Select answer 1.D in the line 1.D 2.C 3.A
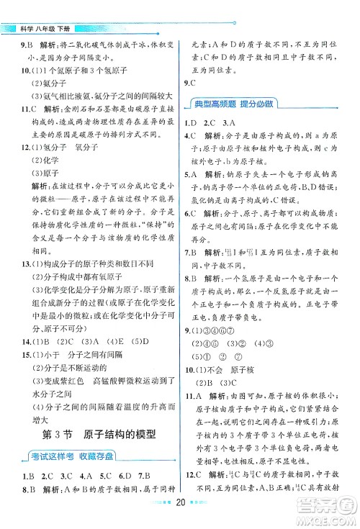click(x=190, y=122)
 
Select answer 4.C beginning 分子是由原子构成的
click(x=190, y=135)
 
